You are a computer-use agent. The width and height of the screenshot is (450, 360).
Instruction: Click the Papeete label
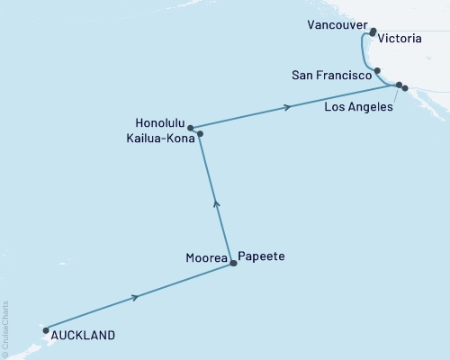coord(261,256)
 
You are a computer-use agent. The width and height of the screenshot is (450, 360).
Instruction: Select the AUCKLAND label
coord(84,335)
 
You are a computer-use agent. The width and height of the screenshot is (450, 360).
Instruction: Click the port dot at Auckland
coord(45,329)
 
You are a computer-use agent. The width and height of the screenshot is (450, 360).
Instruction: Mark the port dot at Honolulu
coord(191,128)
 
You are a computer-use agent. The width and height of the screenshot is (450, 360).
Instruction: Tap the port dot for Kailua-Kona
coord(200,134)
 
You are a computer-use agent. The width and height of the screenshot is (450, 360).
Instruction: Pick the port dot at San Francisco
coord(378,70)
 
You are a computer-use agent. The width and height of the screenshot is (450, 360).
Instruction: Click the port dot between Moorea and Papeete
coord(234,263)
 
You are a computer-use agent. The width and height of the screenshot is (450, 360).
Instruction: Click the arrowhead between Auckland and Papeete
coord(136,297)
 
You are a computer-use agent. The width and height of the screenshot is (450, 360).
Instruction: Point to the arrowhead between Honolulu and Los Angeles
coord(288,107)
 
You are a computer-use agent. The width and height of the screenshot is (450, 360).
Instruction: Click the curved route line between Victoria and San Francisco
coord(364,49)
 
